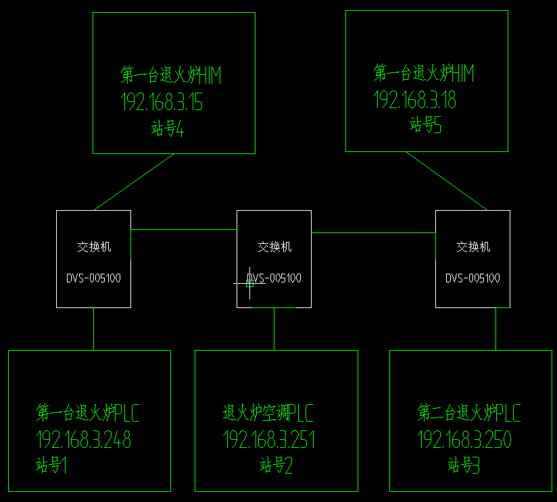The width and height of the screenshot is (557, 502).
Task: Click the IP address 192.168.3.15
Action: pos(162,103)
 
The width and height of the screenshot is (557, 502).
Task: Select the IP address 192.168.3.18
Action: pos(415,101)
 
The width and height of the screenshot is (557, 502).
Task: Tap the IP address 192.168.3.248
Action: pos(83,440)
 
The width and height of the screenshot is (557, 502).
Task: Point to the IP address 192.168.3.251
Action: pos(269,440)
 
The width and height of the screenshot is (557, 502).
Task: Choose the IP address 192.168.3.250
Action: pos(464,440)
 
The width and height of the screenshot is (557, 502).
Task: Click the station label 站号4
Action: pos(168,128)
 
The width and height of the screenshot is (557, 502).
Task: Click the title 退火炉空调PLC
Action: pos(268,412)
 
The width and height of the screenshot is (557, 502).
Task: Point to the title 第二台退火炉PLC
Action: pos(469,412)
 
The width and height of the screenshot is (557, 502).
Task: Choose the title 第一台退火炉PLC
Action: pos(88,412)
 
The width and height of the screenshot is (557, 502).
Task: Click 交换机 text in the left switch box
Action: pos(94,247)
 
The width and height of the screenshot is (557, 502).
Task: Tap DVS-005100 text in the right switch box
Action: pos(473,278)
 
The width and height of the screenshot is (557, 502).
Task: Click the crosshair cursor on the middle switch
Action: pos(249,283)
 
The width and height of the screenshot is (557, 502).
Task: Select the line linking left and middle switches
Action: pos(183,230)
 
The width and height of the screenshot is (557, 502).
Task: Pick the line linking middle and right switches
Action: pos(373,233)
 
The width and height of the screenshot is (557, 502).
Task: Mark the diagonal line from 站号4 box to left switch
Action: pos(134,182)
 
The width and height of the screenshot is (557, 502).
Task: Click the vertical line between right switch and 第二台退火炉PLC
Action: pos(495,329)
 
